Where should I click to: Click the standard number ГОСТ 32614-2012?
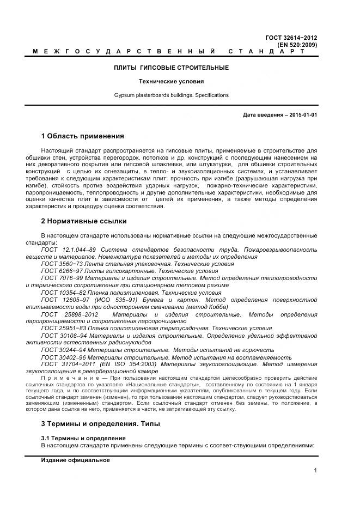[291, 38]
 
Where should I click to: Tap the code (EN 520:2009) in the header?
[297, 44]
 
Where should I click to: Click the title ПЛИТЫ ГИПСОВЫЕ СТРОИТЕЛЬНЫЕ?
[171, 68]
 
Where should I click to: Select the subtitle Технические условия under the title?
[171, 81]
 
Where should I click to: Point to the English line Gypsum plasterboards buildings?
[171, 95]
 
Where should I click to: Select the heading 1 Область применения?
[82, 136]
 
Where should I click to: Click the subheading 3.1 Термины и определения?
[83, 438]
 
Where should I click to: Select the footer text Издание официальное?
[75, 460]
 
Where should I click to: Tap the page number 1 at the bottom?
[315, 471]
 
